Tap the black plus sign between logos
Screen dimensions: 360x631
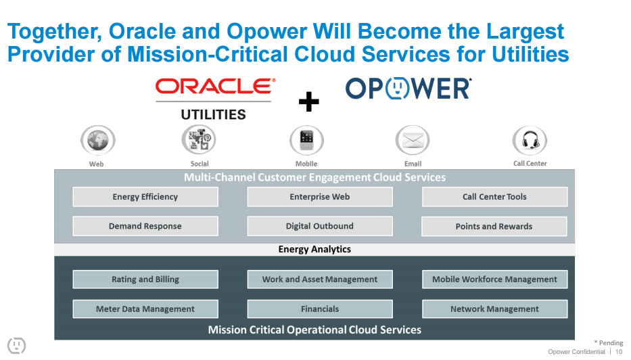click(x=308, y=102)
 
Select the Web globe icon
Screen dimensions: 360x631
click(x=97, y=141)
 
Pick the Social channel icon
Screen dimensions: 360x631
click(x=199, y=140)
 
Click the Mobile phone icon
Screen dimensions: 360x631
click(x=306, y=140)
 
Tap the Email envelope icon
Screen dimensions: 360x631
click(x=413, y=141)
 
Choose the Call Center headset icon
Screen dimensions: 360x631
click(x=530, y=141)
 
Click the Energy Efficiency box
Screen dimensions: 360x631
click(x=145, y=197)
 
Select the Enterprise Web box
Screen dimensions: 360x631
click(x=320, y=197)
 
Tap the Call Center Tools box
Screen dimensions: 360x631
click(x=494, y=197)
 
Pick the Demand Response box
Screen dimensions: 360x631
click(x=145, y=226)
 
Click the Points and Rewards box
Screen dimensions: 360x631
click(x=494, y=226)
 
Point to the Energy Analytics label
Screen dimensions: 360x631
click(x=314, y=249)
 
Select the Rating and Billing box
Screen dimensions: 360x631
click(x=145, y=279)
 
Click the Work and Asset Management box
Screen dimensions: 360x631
click(x=320, y=279)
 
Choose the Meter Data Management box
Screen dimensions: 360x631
click(x=145, y=309)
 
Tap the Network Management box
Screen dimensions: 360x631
click(x=494, y=309)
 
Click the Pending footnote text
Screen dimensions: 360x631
click(x=609, y=343)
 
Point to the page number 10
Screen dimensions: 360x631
click(x=619, y=352)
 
